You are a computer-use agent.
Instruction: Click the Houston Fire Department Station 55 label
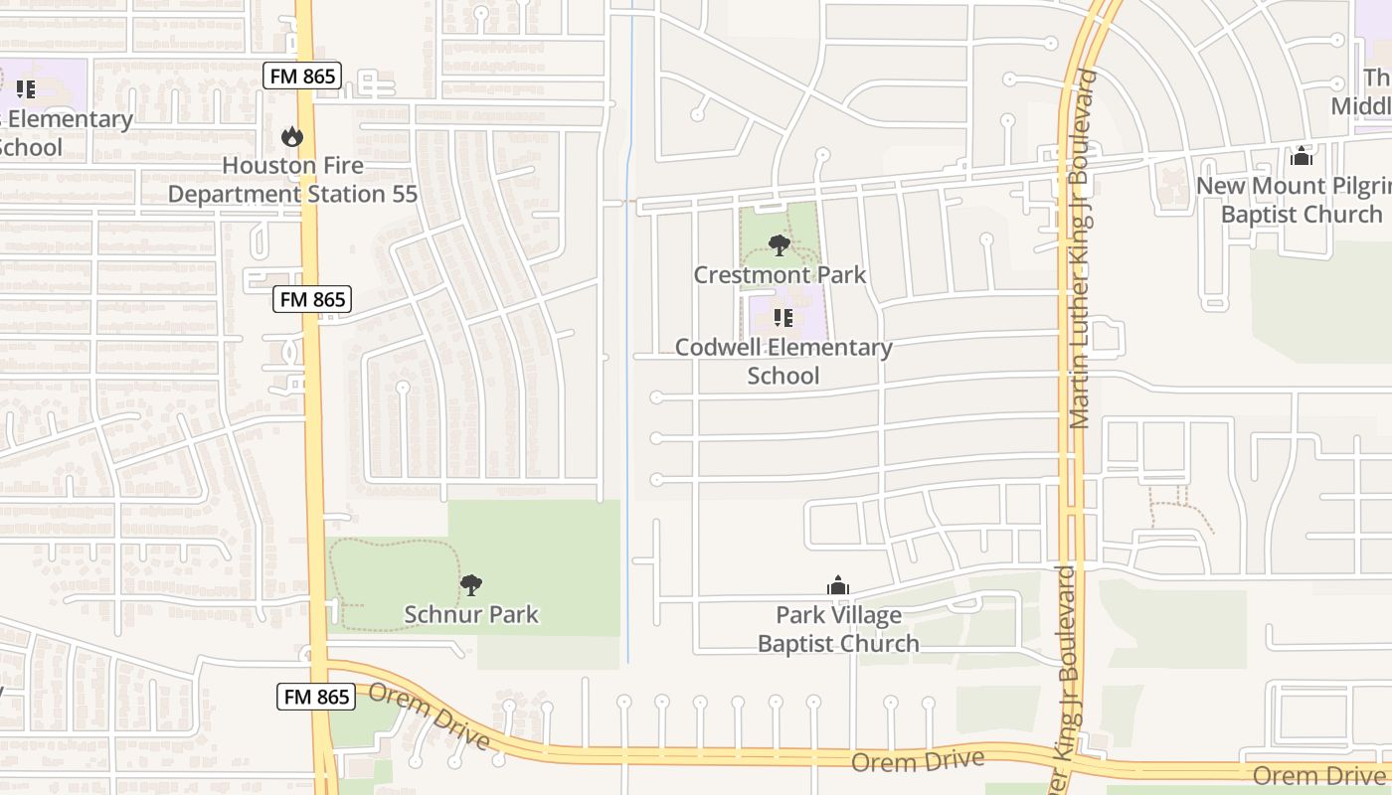click(292, 180)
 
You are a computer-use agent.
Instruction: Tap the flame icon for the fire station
click(291, 136)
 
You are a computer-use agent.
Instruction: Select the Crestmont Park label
click(780, 275)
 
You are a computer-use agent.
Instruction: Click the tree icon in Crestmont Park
click(780, 244)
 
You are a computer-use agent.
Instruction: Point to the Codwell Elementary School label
click(783, 361)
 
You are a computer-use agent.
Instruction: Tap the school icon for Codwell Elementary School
click(783, 318)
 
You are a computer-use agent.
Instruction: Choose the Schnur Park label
click(471, 614)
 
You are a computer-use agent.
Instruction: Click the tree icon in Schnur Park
click(471, 585)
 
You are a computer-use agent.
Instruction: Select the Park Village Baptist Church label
click(838, 629)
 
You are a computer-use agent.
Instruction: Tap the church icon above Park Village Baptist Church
click(838, 585)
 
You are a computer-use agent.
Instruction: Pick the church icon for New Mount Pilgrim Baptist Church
click(1301, 156)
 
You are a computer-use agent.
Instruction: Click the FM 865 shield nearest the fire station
click(303, 76)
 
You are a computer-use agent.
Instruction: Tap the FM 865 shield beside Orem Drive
click(316, 697)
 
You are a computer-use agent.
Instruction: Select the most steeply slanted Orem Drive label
click(429, 715)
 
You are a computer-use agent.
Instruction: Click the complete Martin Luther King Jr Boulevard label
click(1082, 248)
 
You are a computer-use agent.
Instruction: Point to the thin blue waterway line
click(628, 397)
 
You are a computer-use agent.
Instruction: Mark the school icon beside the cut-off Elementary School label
click(26, 89)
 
